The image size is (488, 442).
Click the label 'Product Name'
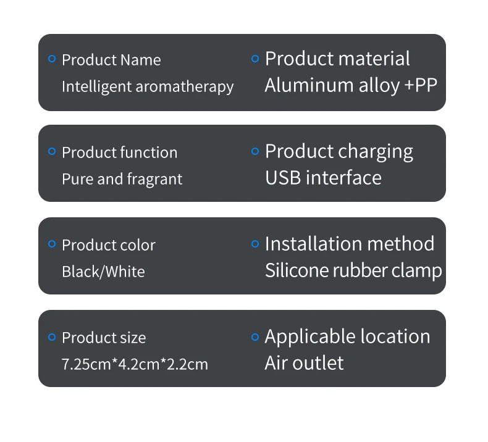pos(111,60)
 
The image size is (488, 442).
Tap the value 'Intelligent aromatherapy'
pos(148,86)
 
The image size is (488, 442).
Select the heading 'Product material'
pos(337,59)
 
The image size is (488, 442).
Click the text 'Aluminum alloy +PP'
pos(351,85)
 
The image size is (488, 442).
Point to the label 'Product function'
pos(119,152)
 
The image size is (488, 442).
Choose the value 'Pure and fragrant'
pos(122,179)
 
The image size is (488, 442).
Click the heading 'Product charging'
pos(339,151)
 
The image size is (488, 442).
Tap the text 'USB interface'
pos(323,178)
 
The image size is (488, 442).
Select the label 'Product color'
pos(109,245)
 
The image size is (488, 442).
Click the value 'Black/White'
pos(103,272)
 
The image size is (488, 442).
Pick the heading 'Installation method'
pos(350,244)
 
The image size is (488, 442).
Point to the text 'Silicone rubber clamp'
pos(353,270)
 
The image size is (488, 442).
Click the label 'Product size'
pos(104,338)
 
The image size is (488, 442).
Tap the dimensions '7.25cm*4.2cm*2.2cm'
pos(135,364)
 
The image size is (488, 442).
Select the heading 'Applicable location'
pos(347,336)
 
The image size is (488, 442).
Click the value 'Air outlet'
pos(304,363)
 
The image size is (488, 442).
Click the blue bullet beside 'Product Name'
pos(52,59)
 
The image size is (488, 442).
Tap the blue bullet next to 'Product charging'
pos(255,151)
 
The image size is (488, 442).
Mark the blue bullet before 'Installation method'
pos(255,244)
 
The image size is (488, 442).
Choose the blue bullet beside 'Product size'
pos(52,336)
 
